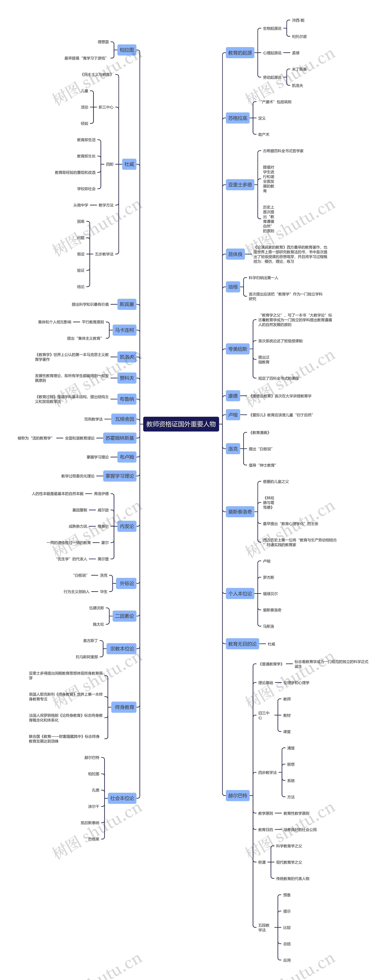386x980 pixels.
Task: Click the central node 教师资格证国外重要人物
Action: (x=181, y=424)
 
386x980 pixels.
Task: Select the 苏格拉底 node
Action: (x=238, y=118)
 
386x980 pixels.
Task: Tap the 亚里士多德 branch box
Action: (x=240, y=185)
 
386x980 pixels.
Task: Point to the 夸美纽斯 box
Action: (x=238, y=349)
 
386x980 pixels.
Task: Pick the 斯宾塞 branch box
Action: (x=127, y=304)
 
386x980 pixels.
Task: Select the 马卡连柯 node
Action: (x=124, y=330)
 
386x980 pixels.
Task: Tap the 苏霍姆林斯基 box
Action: (x=120, y=438)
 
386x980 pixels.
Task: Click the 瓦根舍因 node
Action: (x=124, y=419)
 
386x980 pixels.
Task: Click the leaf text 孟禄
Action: (x=296, y=53)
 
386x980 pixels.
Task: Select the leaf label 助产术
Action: (x=264, y=135)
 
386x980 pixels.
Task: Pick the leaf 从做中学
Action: (x=81, y=205)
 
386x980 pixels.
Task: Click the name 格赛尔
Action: (x=103, y=527)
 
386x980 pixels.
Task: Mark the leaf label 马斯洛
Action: (x=269, y=626)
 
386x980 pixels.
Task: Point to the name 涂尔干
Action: (x=93, y=807)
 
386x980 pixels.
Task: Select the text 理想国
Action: (x=103, y=42)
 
